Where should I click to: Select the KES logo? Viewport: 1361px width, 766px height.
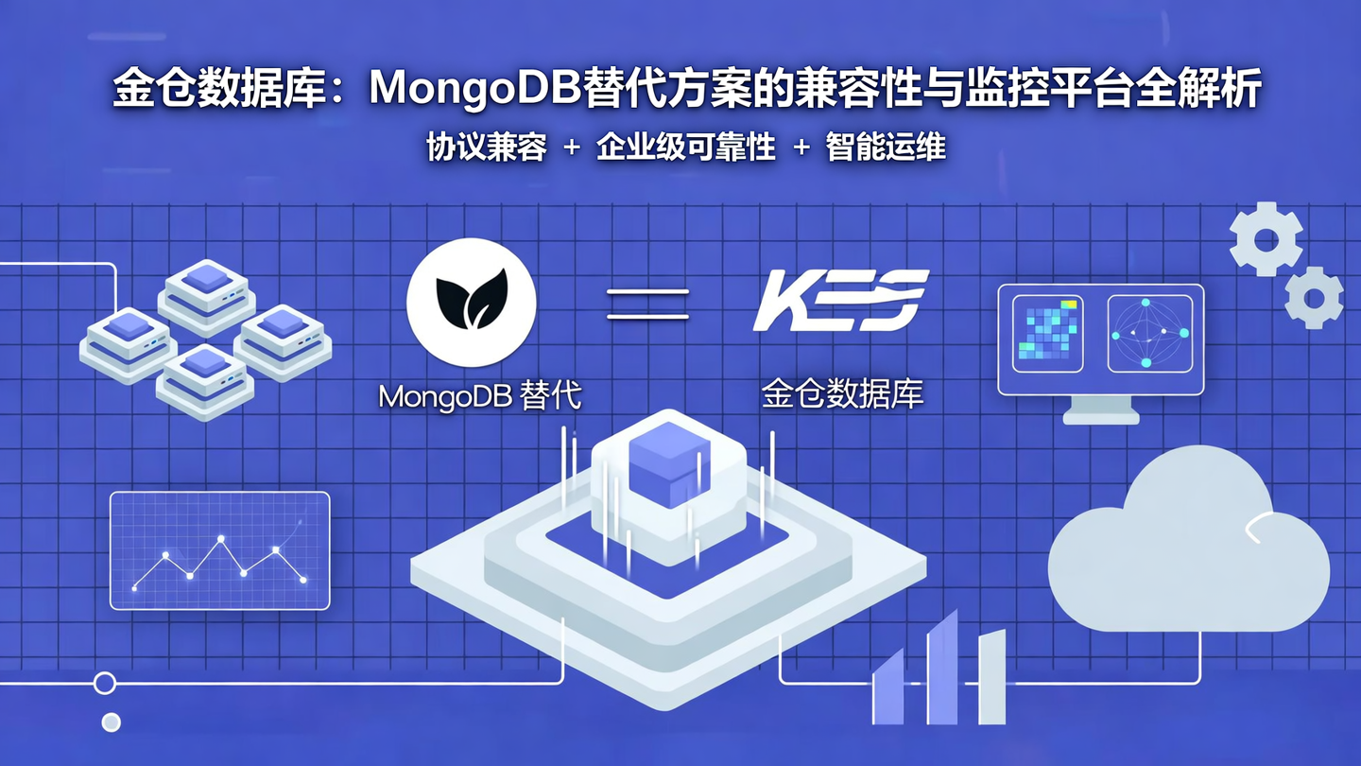point(840,301)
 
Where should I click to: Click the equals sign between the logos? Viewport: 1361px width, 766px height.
point(647,304)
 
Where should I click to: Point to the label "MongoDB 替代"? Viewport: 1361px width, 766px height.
point(479,395)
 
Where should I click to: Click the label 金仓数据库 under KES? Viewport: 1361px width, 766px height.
point(841,395)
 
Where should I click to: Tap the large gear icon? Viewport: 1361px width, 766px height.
point(1266,239)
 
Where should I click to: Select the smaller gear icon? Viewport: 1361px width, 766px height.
point(1314,298)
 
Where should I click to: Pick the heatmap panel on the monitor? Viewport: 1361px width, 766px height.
point(1047,334)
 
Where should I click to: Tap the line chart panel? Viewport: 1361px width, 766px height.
point(220,550)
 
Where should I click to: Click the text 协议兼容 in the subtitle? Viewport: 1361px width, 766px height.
point(487,148)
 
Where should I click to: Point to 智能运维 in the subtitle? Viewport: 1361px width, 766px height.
point(886,148)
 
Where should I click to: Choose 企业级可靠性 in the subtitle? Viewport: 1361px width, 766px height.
point(686,148)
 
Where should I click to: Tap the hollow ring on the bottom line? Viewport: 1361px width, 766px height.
point(105,683)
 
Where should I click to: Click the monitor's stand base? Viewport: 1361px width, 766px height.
point(1100,416)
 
